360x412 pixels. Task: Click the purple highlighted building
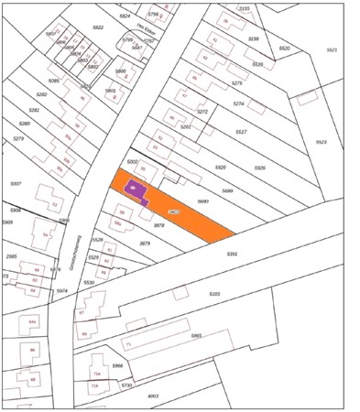pos(137,190)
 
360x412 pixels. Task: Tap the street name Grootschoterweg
pos(71,245)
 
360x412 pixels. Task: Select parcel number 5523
pos(321,142)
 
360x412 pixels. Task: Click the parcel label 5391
pos(232,254)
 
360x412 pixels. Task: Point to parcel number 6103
pos(214,294)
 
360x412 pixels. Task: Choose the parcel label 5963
pos(196,336)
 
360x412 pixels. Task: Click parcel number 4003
pos(153,396)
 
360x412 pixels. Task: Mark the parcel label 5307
pos(16,184)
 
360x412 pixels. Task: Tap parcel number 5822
pos(97,28)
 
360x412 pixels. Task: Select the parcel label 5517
pos(241,132)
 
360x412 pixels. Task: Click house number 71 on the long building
pos(128,343)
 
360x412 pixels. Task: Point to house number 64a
pos(32,322)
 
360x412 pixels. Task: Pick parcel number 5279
pos(17,138)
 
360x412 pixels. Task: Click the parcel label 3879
pos(144,244)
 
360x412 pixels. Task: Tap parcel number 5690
pos(203,201)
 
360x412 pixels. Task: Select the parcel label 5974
pos(62,290)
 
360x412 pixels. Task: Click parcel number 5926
pos(259,168)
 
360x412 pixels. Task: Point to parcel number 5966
pos(117,365)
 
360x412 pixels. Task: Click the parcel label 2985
pos(11,256)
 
